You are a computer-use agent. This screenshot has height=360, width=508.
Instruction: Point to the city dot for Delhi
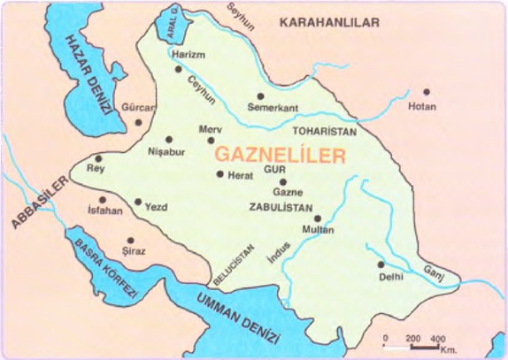click(x=381, y=264)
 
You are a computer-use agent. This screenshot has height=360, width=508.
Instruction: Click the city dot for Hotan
click(x=426, y=91)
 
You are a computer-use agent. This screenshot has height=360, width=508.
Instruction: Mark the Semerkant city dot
click(x=260, y=96)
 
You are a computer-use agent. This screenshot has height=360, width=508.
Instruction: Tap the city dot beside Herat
click(x=220, y=174)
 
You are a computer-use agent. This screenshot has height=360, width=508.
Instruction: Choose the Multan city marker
click(x=318, y=218)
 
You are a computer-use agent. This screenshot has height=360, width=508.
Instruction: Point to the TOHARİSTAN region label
click(x=324, y=131)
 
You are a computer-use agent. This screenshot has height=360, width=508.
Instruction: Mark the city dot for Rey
click(x=99, y=159)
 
